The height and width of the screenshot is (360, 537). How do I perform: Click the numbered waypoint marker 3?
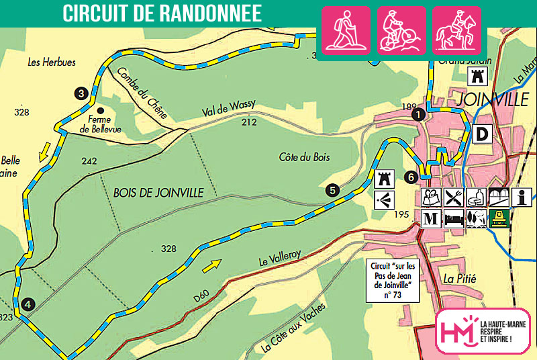point(81,93)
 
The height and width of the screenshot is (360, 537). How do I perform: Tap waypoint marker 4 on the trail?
point(27,304)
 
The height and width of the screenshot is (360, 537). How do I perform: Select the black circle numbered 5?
point(332,189)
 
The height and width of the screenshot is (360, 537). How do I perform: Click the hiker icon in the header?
point(346,30)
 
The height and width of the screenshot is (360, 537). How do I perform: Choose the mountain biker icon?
point(401,30)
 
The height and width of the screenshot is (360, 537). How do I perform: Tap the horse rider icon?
point(456,30)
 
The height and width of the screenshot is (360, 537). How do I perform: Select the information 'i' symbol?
point(521,197)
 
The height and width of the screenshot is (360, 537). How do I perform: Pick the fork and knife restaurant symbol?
point(454,197)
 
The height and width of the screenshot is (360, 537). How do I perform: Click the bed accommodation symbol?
point(454,218)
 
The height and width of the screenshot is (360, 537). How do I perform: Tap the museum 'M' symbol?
point(431,218)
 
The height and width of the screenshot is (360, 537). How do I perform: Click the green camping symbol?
point(498,218)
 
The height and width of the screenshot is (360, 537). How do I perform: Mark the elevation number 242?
point(88,161)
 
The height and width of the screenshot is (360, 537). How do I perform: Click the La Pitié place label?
point(459,277)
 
